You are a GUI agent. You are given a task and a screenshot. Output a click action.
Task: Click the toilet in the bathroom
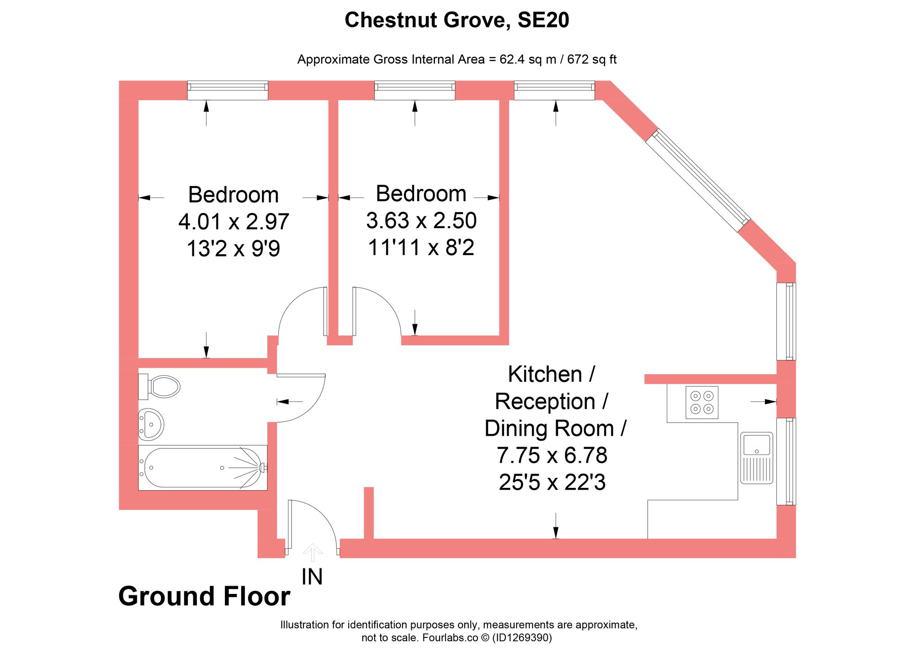(160, 387)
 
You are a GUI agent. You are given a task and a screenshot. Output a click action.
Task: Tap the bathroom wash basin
(151, 424)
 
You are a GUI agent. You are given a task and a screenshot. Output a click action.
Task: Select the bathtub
(202, 467)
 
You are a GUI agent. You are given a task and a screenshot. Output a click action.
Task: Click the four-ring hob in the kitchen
(701, 402)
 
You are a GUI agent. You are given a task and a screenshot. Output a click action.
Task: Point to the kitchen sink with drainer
(756, 458)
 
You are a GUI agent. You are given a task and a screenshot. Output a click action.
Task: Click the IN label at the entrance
(312, 577)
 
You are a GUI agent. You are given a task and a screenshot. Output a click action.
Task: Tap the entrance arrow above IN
(312, 552)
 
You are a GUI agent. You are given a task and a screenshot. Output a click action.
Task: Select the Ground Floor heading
(204, 596)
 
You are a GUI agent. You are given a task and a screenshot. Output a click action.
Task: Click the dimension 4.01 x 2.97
(234, 222)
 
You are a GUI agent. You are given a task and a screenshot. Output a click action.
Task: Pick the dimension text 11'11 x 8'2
(421, 248)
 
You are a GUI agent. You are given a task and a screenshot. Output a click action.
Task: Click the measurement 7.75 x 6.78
(552, 455)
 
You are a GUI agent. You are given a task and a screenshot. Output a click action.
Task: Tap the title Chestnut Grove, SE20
(457, 20)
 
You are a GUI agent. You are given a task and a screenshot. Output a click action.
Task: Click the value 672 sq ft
(592, 59)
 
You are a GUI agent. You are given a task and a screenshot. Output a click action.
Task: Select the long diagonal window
(698, 180)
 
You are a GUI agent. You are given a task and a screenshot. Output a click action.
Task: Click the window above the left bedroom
(228, 90)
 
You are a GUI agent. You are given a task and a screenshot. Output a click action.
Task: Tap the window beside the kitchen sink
(786, 461)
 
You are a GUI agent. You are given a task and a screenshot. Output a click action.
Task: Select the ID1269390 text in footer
(522, 637)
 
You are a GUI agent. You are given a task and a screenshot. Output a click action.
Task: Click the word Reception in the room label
(545, 401)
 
